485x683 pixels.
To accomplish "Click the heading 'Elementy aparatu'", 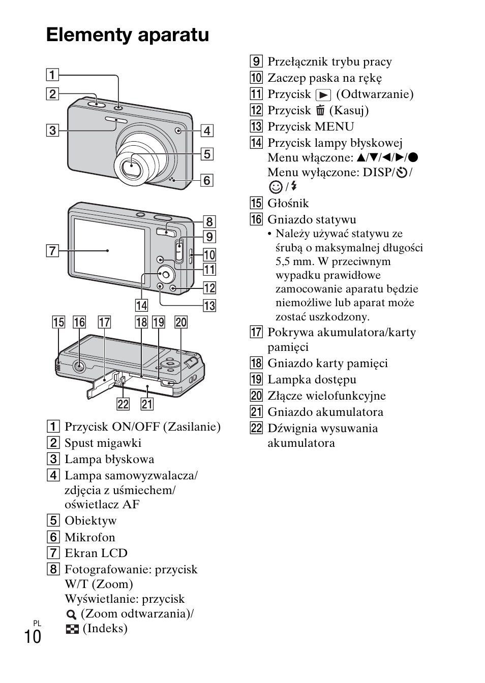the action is coord(128,35).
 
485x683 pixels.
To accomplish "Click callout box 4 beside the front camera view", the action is coord(207,131).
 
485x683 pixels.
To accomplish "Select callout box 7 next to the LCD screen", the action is coord(52,251).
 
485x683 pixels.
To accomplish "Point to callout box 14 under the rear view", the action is coord(142,306).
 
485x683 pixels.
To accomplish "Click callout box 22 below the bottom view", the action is coord(124,404).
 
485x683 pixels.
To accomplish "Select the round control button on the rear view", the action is coord(166,275).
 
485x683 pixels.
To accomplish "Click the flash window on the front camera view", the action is coord(116,120).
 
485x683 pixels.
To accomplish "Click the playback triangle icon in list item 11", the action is coord(323,95).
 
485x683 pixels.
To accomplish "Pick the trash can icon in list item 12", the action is coord(320,110).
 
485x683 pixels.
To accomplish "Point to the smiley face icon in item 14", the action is coord(276,187).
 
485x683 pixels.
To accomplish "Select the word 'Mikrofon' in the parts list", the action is coord(90,537).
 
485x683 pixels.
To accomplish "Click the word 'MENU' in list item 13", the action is coord(334,126).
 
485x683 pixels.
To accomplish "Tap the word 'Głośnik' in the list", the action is coord(288,203).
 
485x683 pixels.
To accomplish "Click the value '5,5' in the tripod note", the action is coord(282,262).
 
